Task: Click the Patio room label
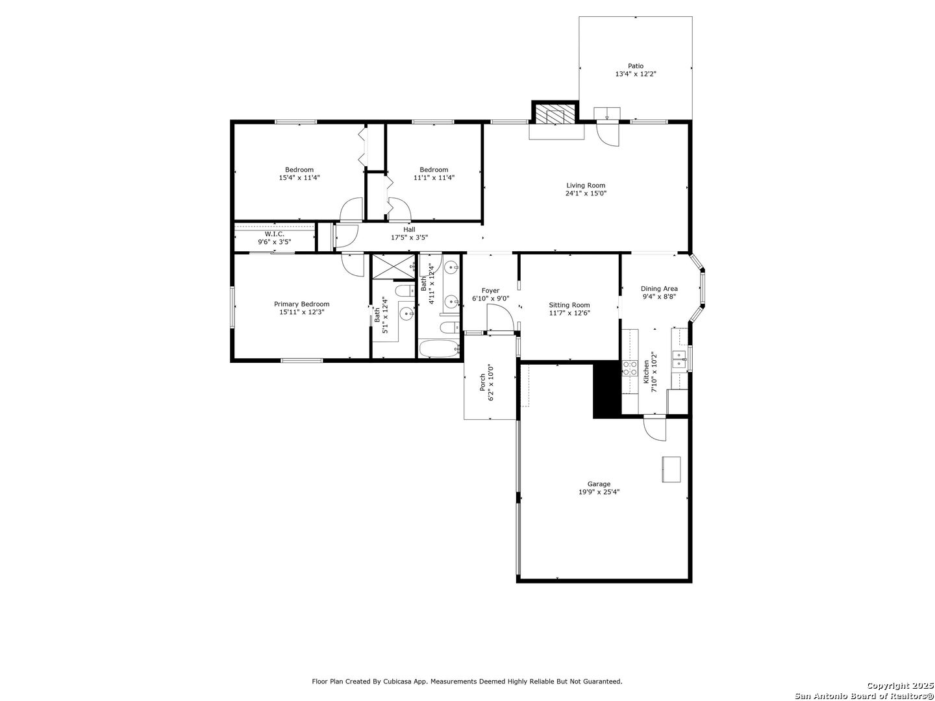point(635,66)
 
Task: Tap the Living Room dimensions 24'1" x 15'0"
point(586,193)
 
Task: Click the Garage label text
point(599,484)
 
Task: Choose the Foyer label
point(490,291)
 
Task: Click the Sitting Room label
point(569,305)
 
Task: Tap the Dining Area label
point(659,289)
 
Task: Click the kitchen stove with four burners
point(630,369)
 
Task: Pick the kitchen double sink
point(679,360)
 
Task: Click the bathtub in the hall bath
point(439,349)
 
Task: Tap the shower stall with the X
point(393,267)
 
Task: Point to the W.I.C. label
point(274,234)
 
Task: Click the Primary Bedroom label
point(301,304)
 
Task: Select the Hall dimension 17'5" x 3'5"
point(409,238)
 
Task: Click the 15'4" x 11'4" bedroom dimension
point(299,177)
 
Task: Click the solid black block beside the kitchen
point(606,389)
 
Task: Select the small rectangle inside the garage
point(671,469)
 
